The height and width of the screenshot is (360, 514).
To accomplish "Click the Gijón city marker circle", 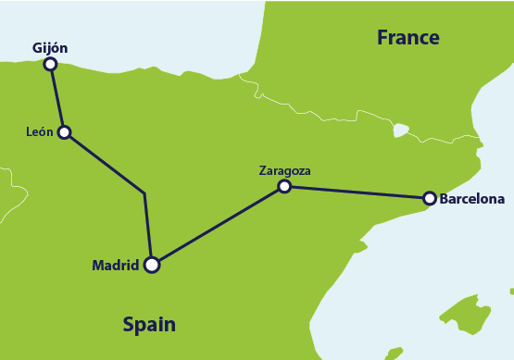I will pyautogui.click(x=50, y=64).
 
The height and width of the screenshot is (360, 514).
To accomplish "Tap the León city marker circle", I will pyautogui.click(x=64, y=132).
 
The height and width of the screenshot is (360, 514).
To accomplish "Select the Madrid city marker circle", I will pyautogui.click(x=152, y=265).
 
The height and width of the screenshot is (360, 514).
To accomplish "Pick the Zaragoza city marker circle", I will pyautogui.click(x=284, y=186).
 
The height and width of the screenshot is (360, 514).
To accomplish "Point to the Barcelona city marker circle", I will pyautogui.click(x=429, y=198).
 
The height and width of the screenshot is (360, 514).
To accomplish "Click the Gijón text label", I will pyautogui.click(x=50, y=47).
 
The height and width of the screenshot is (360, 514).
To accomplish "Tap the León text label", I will pyautogui.click(x=40, y=132).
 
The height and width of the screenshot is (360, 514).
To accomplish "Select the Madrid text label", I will pyautogui.click(x=115, y=266).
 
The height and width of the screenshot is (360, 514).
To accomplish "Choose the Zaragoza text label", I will pyautogui.click(x=284, y=170).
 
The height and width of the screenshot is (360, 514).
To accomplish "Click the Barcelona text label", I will pyautogui.click(x=472, y=198).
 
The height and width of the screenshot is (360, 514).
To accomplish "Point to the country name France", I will pyautogui.click(x=407, y=38).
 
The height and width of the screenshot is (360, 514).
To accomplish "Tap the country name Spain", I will pyautogui.click(x=149, y=325).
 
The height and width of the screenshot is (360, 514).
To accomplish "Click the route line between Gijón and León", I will pyautogui.click(x=57, y=98).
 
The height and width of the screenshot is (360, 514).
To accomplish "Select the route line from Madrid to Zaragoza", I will pyautogui.click(x=218, y=226).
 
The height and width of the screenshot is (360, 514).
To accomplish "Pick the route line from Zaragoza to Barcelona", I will pyautogui.click(x=357, y=192).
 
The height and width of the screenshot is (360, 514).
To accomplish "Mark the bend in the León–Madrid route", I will pyautogui.click(x=144, y=193).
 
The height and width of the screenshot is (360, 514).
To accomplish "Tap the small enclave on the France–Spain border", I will pyautogui.click(x=400, y=130).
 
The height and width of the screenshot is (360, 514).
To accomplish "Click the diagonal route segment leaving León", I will pyautogui.click(x=104, y=163).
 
